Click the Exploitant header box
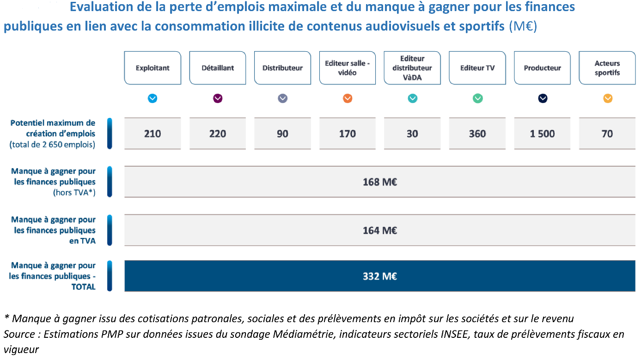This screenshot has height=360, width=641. point(153,68)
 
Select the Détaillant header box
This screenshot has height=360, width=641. point(218,68)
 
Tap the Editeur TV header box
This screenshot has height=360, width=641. point(477,68)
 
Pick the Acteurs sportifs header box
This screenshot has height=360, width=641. point(607,68)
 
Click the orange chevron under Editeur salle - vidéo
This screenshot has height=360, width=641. point(348,98)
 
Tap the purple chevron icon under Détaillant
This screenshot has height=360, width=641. point(218,98)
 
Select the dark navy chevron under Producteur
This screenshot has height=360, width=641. point(543,98)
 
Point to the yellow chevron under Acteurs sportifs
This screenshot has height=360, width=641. point(608,98)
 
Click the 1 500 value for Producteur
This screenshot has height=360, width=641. point(543,134)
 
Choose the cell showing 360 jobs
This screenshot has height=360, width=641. point(477,134)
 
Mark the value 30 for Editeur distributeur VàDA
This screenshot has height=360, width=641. point(412,134)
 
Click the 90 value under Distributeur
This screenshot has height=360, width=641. point(282,134)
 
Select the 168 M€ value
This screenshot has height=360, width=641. point(380,182)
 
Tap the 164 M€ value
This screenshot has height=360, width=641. point(380,230)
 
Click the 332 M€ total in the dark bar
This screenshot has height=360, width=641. point(380,276)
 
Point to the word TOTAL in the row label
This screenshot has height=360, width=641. point(83,287)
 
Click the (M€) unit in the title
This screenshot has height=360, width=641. point(523,26)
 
